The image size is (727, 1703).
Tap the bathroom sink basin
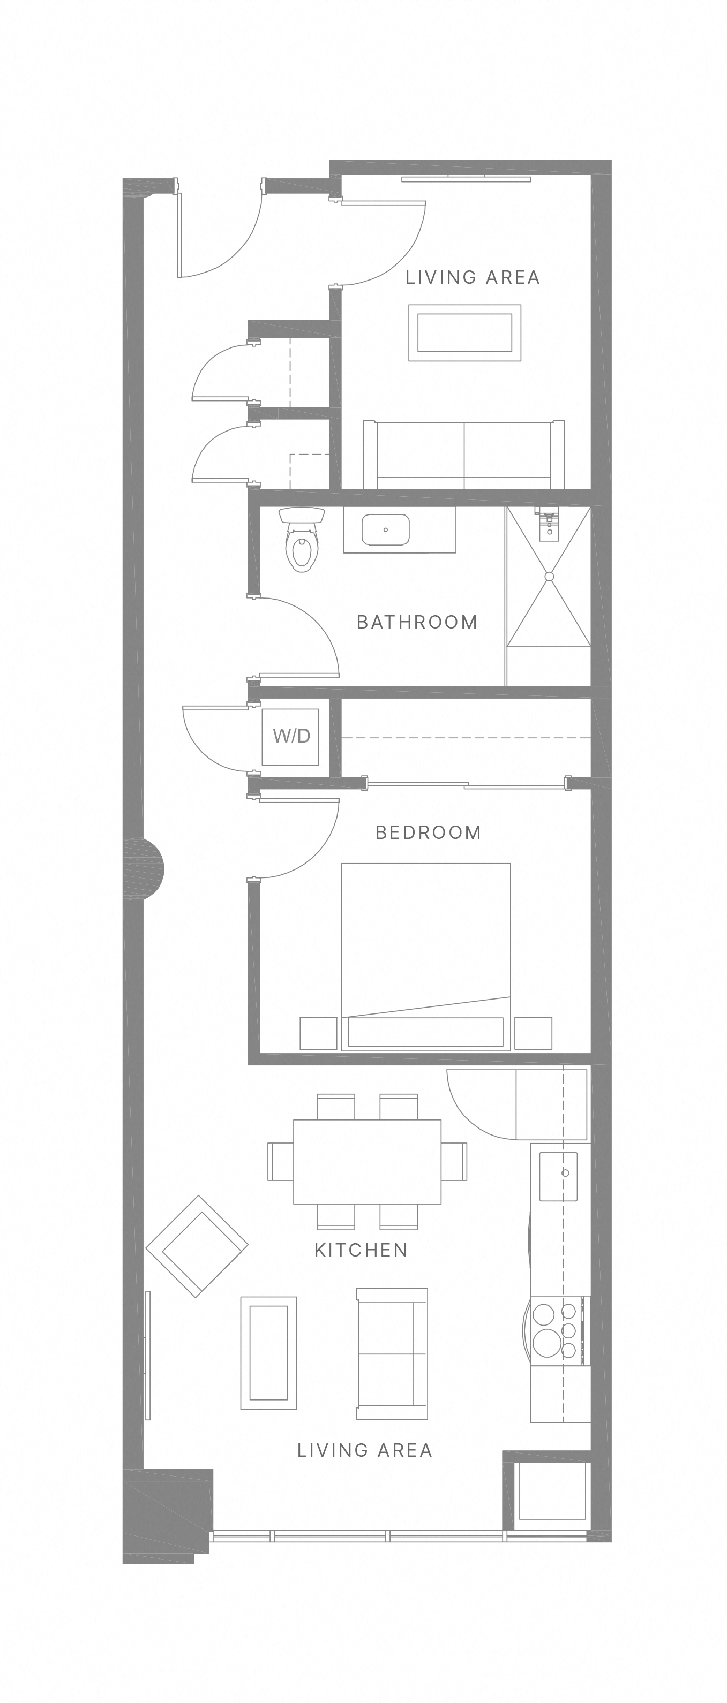(386, 529)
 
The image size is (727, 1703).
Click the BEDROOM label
(428, 832)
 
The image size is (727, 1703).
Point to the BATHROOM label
(417, 622)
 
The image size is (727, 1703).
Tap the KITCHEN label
(361, 1250)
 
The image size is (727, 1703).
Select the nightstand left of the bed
(318, 1033)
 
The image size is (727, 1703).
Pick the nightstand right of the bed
(533, 1033)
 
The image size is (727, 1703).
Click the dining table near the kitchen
(367, 1162)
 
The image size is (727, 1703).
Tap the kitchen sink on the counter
(558, 1176)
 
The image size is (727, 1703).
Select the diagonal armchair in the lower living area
(197, 1246)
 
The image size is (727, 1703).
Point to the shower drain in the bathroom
(549, 577)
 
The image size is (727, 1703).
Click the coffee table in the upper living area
(464, 332)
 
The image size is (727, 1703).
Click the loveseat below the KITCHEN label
(392, 1353)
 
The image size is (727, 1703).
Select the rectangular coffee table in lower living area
(268, 1353)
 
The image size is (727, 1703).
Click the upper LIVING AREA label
(473, 278)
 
